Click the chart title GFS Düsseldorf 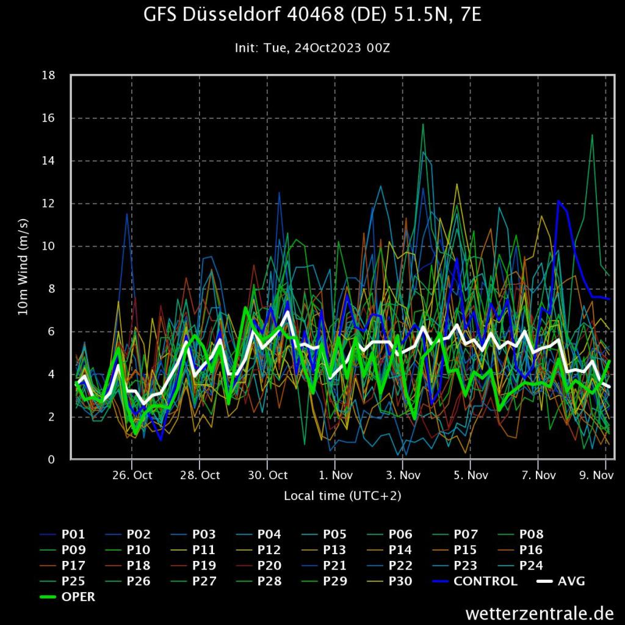tap(312, 15)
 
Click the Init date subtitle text tap(312, 48)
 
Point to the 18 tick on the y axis tap(49, 76)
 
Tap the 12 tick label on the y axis tap(49, 204)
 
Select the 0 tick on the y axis tap(52, 460)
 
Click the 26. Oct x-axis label tap(132, 475)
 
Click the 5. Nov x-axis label tap(470, 475)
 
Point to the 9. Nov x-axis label tap(596, 475)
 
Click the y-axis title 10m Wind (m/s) tap(23, 267)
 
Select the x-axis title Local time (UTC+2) tap(342, 496)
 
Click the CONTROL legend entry tap(485, 581)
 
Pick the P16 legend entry tap(530, 549)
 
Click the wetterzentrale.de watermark tap(539, 612)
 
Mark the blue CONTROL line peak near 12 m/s tap(558, 201)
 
